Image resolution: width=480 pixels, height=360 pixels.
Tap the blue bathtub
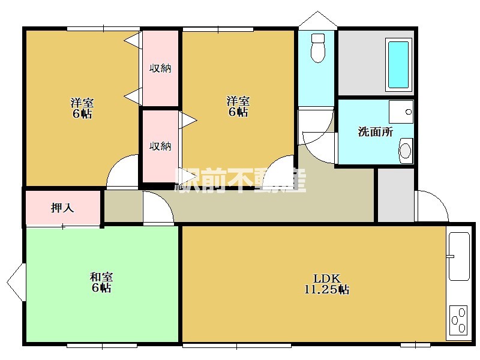click(x=398, y=65)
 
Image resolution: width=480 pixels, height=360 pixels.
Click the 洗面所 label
click(x=376, y=132)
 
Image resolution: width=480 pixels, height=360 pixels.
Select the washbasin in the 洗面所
click(x=406, y=151)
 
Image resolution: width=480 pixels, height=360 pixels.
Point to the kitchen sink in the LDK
click(x=459, y=256)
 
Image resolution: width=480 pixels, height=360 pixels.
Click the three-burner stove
click(x=459, y=320)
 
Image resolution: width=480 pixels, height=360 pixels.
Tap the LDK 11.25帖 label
click(x=326, y=284)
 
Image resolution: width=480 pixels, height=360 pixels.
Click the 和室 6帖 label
click(x=101, y=282)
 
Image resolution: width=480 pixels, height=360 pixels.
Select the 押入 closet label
click(x=62, y=208)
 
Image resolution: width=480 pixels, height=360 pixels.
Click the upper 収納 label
click(x=160, y=68)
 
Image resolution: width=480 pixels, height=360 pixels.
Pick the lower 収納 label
click(x=160, y=146)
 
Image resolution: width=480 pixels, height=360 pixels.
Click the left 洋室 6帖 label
click(x=82, y=108)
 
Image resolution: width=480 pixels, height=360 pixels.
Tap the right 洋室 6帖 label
click(x=238, y=106)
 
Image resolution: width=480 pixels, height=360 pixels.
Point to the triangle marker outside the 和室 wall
click(x=16, y=282)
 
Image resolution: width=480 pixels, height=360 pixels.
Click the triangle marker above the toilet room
click(x=318, y=20)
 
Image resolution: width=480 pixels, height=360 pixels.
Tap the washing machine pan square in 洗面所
click(x=401, y=112)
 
